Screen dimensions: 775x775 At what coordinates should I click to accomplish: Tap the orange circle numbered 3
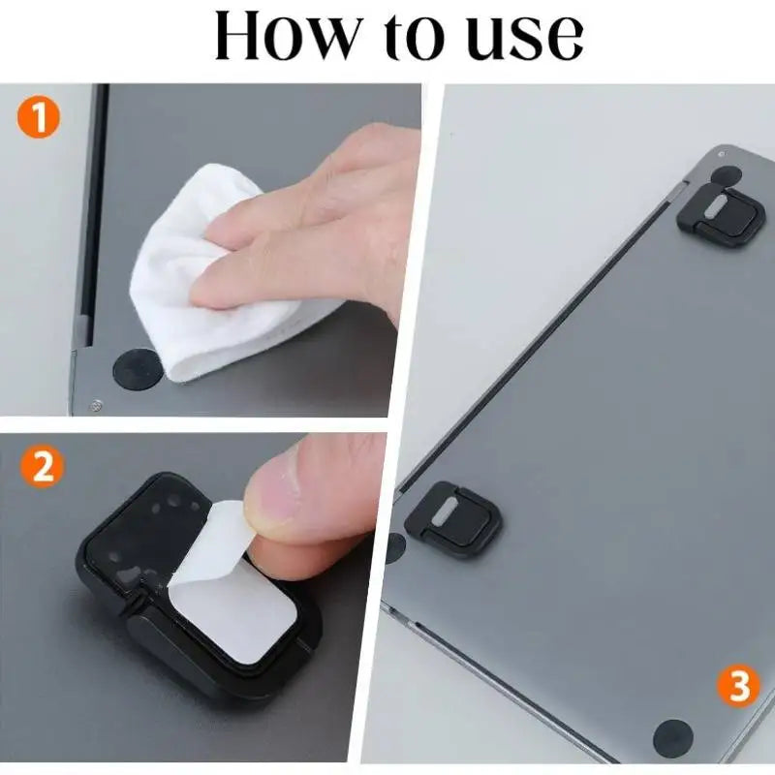pos(738,688)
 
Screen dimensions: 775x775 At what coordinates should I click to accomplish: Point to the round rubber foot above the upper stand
pos(726,174)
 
